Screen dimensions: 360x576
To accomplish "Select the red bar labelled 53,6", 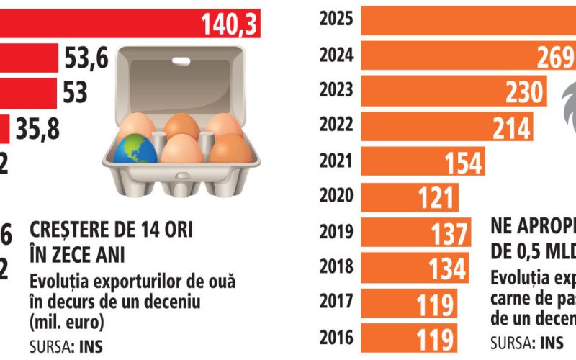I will (29, 58).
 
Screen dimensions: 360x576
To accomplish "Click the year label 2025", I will (336, 19).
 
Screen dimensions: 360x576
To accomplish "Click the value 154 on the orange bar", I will (461, 163).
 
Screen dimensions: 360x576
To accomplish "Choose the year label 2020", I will (336, 197).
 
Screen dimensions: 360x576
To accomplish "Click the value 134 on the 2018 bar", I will (447, 268).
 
